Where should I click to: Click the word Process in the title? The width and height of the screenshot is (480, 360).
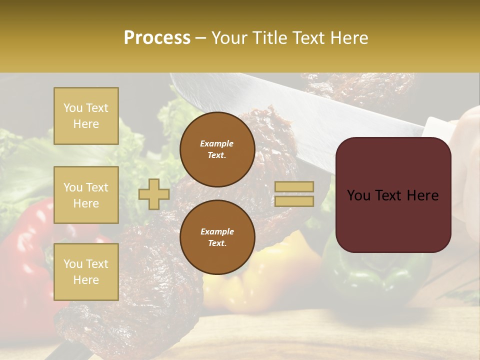click(157, 38)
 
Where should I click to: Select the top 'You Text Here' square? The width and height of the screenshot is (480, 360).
click(86, 116)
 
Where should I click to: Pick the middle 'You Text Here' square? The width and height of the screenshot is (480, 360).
click(86, 195)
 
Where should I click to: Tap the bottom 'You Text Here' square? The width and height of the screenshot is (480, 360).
click(86, 272)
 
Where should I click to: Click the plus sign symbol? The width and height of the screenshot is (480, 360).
click(153, 194)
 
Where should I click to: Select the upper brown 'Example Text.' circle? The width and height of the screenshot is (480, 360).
click(217, 149)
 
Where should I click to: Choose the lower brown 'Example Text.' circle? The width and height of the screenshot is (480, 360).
click(217, 237)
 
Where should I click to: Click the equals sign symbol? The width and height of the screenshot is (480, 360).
click(294, 194)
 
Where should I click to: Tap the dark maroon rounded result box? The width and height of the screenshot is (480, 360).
click(393, 195)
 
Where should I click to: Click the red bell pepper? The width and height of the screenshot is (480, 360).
click(25, 250)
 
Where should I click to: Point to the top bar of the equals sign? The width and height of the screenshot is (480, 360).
click(294, 186)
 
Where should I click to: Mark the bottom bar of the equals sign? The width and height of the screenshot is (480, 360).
click(294, 201)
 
